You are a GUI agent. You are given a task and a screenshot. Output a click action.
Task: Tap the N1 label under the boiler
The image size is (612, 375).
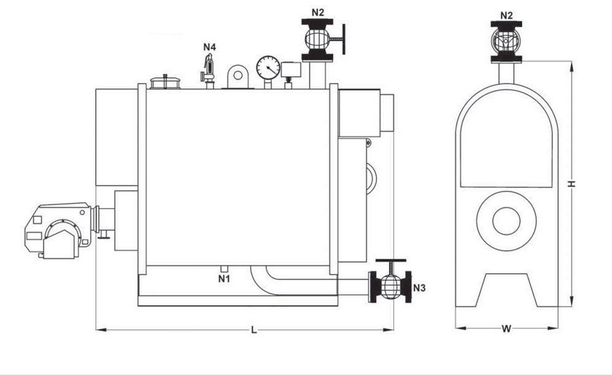point(224,279)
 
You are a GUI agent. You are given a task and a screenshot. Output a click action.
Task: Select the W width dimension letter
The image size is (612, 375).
point(506,329)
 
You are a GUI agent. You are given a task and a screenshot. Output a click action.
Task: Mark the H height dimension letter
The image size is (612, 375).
point(570,184)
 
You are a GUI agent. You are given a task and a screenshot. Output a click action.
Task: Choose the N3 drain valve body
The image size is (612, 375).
point(390,286)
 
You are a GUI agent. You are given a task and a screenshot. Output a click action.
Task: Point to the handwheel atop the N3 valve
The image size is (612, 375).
point(390,259)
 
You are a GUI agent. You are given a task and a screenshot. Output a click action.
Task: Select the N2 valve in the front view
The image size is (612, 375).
point(506,42)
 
